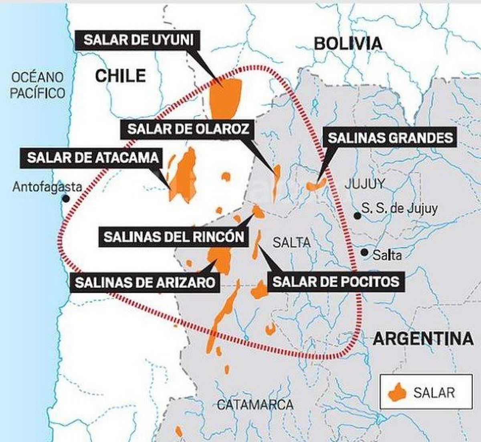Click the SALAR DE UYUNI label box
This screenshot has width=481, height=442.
pyautogui.click(x=138, y=41)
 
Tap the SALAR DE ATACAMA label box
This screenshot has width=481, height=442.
pyautogui.click(x=93, y=158)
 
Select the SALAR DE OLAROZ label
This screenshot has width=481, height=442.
pyautogui.click(x=188, y=129)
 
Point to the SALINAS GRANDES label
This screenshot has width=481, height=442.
pyautogui.click(x=390, y=138)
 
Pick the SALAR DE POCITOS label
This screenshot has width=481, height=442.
pyautogui.click(x=336, y=282)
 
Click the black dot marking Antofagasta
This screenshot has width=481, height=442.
pyautogui.click(x=66, y=198)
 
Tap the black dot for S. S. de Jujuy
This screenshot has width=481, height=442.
pyautogui.click(x=357, y=216)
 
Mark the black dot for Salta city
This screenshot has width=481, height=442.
pyautogui.click(x=364, y=252)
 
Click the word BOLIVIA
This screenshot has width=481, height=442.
pyautogui.click(x=348, y=43)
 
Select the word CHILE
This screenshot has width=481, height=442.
pyautogui.click(x=120, y=76)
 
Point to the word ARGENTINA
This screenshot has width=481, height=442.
pyautogui.click(x=423, y=339)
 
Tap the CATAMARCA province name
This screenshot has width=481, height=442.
pyautogui.click(x=255, y=405)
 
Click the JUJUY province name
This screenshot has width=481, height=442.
pyautogui.click(x=364, y=184)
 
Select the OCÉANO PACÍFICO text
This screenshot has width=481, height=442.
pyautogui.click(x=37, y=85)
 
